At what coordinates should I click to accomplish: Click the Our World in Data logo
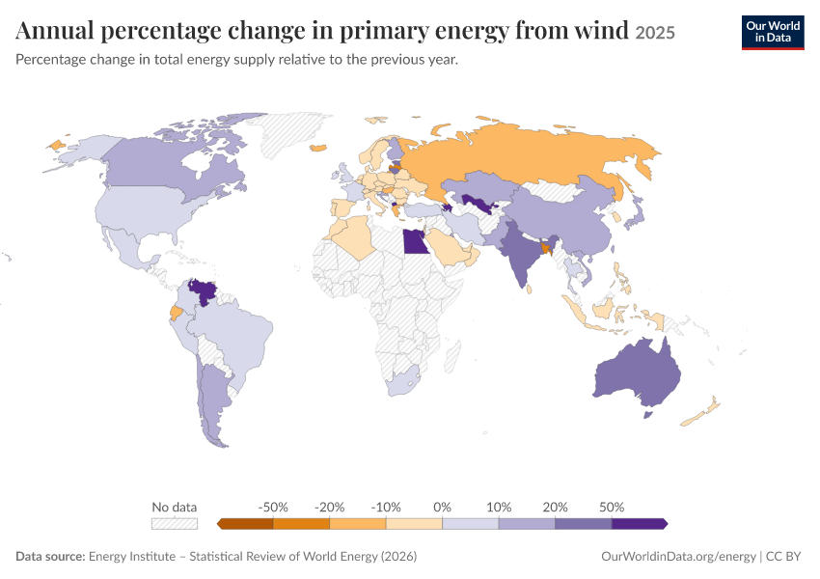tap(773, 33)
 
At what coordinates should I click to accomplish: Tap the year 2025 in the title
tap(655, 33)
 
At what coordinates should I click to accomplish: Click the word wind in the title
tap(601, 30)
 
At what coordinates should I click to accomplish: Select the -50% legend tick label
tap(273, 507)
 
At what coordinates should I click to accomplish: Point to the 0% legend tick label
tap(442, 507)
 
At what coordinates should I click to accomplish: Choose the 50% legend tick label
tap(612, 507)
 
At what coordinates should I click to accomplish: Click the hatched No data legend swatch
tap(175, 524)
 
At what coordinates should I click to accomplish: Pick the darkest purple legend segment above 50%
tap(640, 524)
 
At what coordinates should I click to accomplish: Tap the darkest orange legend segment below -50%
tap(245, 524)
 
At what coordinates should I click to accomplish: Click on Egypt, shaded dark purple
tap(415, 242)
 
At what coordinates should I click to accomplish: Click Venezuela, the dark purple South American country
tap(203, 291)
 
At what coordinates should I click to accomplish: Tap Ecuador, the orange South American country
tap(177, 314)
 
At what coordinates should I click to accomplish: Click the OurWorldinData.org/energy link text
tap(678, 556)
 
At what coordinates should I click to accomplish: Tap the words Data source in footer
tap(50, 556)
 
